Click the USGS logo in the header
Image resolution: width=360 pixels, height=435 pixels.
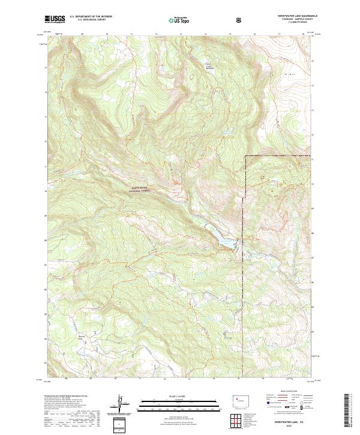(55, 20)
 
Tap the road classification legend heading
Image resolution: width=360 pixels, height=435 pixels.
(287, 394)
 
